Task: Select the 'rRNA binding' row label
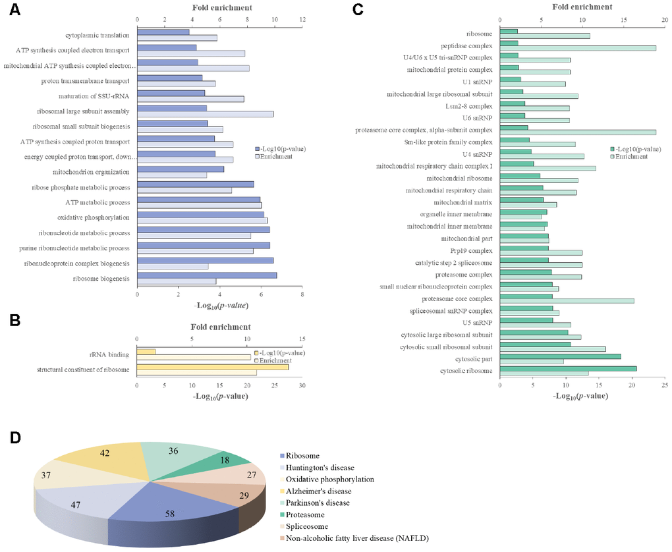coord(110,354)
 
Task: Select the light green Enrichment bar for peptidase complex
coord(578,47)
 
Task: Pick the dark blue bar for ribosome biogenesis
coord(207,275)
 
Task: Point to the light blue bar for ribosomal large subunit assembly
coord(205,114)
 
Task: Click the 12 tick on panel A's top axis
coord(302,20)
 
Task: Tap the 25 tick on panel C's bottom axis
coord(665,386)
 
